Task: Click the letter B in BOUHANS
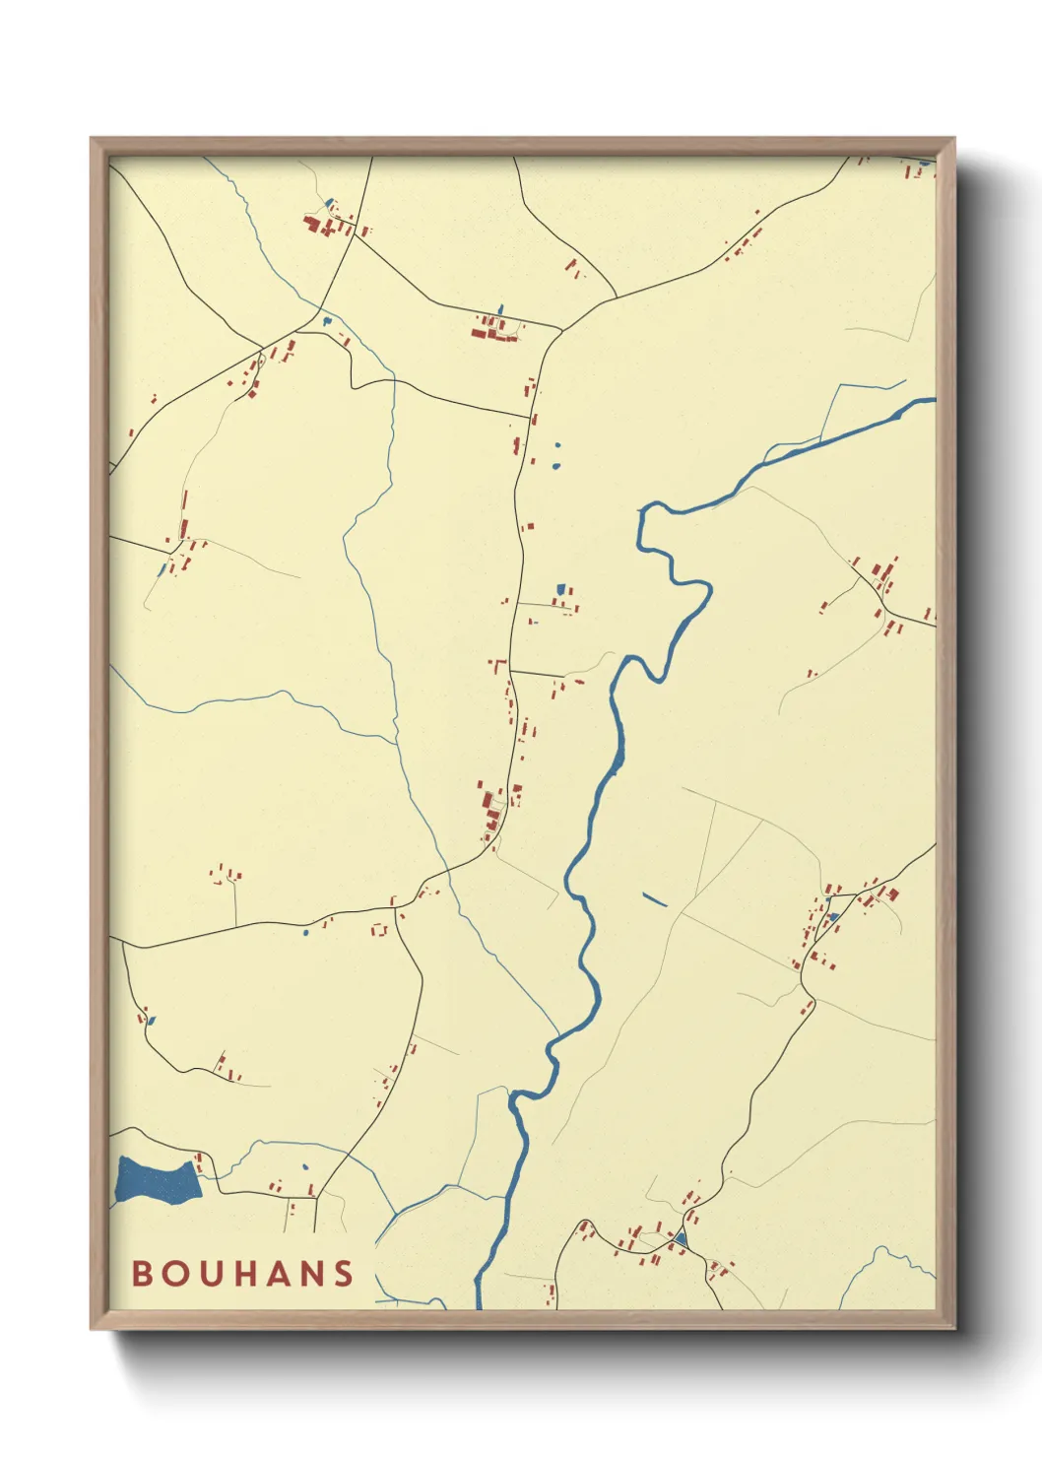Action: coord(143,1274)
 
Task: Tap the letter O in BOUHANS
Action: coord(175,1274)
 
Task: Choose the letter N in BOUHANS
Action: coord(310,1274)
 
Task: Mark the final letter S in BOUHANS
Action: coord(343,1274)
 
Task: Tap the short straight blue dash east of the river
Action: coord(654,898)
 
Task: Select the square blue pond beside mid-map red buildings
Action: coord(561,589)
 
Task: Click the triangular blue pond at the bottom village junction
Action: coord(680,1238)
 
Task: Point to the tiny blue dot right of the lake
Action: coord(304,1167)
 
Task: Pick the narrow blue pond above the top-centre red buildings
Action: coord(499,310)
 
